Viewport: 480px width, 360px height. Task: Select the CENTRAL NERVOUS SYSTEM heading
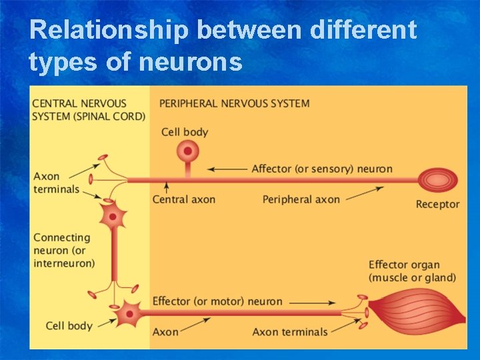pos(89,110)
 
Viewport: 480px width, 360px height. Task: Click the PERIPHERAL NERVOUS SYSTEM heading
pos(234,103)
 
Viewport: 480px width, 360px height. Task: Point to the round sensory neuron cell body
pos(188,151)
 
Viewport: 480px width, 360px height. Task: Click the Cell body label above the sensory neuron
pos(185,132)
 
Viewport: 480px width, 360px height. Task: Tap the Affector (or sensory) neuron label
pos(322,169)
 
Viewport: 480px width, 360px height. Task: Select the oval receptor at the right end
pos(437,180)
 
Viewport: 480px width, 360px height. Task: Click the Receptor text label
pos(437,204)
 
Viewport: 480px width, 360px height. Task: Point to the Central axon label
pos(184,199)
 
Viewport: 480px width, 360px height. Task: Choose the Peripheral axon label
pos(301,199)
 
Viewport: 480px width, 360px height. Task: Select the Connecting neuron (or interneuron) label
pos(64,250)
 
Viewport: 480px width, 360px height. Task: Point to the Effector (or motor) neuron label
pos(217,301)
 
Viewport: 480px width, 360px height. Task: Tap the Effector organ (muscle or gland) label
pos(412,271)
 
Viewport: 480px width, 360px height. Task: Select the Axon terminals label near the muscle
pos(290,331)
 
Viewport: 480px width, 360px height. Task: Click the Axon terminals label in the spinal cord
pos(56,183)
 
